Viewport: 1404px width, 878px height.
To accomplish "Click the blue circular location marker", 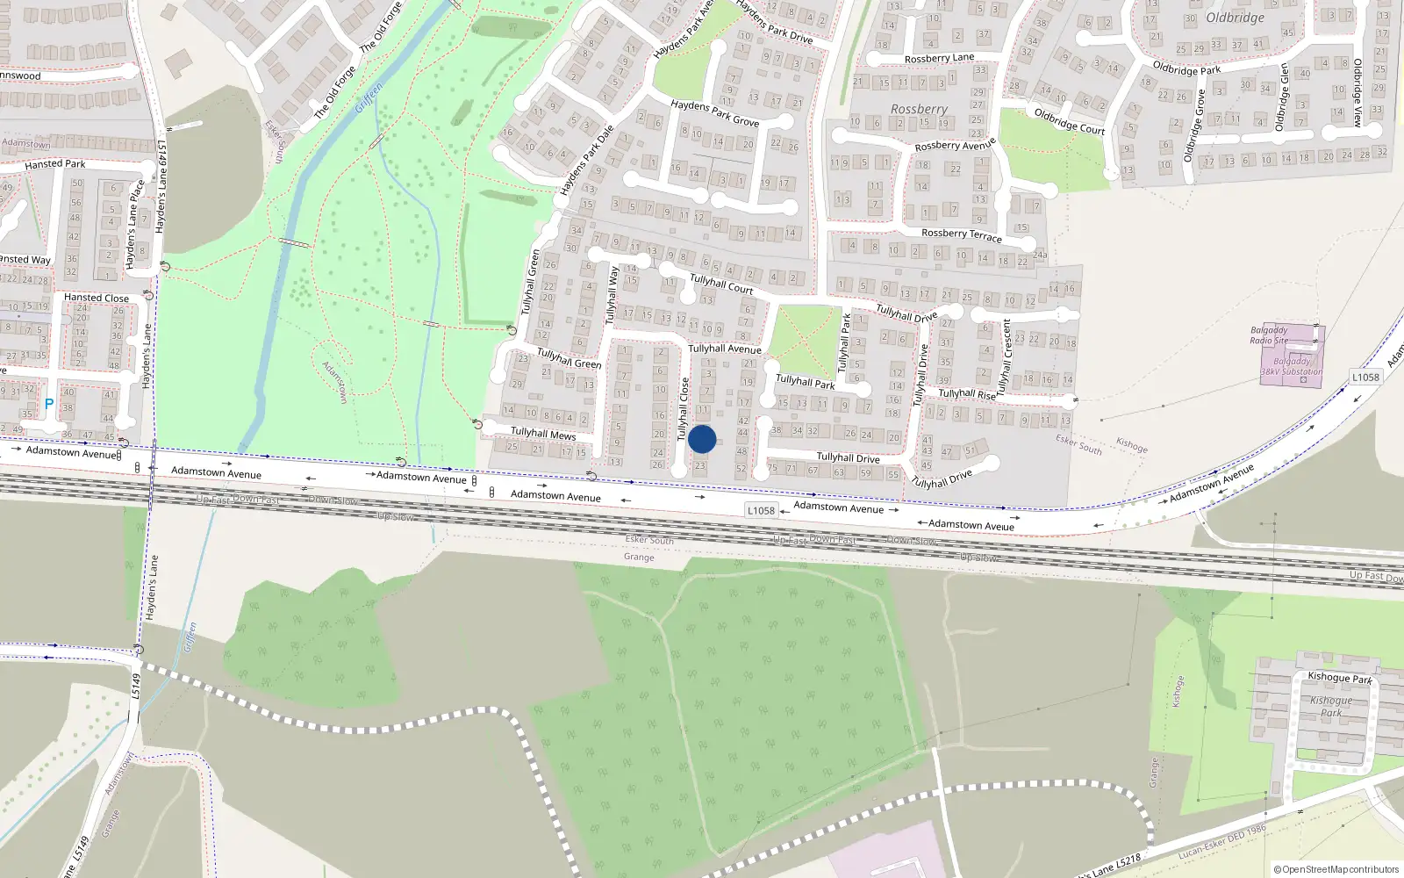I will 702,439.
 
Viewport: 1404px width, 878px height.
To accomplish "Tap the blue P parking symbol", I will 49,405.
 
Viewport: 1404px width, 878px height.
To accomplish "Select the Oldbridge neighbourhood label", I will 1235,18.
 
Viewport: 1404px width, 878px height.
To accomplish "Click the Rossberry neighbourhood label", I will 919,109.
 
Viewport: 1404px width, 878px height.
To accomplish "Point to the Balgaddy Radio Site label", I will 1269,335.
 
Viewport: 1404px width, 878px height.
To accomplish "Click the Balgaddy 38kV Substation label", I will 1291,366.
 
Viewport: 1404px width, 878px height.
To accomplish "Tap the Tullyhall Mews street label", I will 543,433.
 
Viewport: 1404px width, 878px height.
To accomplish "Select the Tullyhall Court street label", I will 721,283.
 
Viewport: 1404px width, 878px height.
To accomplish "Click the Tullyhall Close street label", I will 684,408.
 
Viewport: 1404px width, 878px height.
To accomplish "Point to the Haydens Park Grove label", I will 714,112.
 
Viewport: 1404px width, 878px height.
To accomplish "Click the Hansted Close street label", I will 96,298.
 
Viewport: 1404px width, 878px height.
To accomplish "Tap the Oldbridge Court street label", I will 1069,121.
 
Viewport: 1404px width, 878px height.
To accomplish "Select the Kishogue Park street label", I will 1339,677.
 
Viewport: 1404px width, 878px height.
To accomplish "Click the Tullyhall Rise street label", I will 967,394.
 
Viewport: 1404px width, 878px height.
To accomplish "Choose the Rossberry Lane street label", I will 939,58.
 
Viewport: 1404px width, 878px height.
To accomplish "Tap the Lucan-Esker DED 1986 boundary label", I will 1222,841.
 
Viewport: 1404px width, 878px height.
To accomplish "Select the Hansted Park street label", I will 55,164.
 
